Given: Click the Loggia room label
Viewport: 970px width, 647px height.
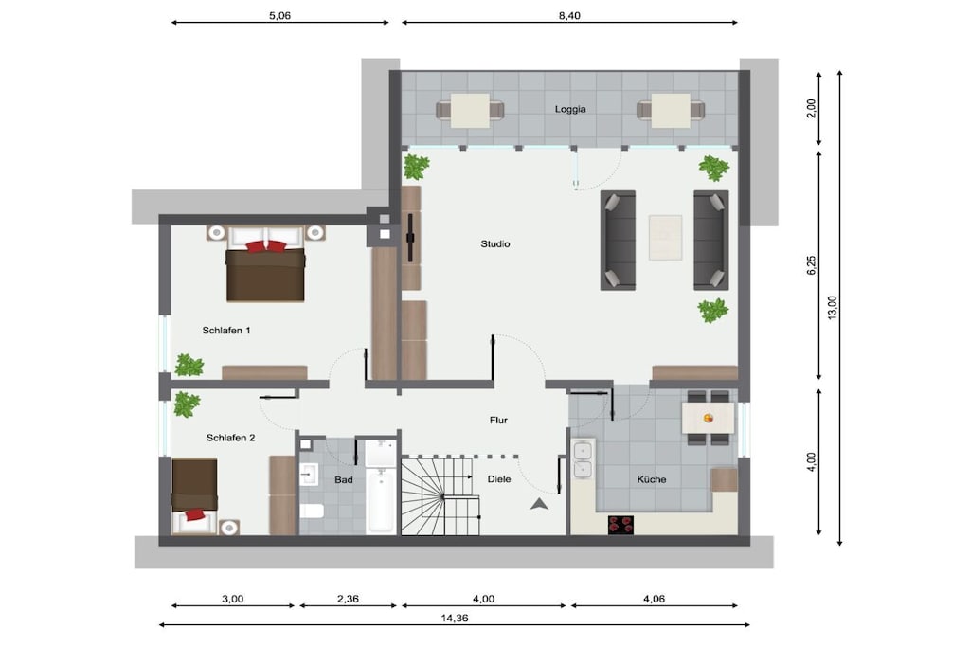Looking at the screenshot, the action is click(x=569, y=110).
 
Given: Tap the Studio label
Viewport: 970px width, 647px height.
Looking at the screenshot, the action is click(x=494, y=243).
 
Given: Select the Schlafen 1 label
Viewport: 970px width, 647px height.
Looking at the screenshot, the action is click(x=226, y=331).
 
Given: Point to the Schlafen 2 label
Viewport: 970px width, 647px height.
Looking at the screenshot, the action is click(x=231, y=438).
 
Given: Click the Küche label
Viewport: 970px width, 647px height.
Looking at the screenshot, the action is click(x=652, y=479).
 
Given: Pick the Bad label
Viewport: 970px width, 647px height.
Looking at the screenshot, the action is click(x=343, y=480).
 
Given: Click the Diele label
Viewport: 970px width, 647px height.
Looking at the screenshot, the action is click(x=498, y=478).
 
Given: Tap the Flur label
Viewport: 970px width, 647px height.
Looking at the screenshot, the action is click(x=498, y=420).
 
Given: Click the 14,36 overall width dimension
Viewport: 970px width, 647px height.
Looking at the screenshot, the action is click(x=455, y=618).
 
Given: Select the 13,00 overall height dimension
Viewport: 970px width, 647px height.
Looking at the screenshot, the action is click(x=832, y=308).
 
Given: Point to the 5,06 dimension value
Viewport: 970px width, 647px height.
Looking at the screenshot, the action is click(x=279, y=16).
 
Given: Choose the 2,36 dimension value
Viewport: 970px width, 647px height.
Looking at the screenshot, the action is click(x=348, y=599).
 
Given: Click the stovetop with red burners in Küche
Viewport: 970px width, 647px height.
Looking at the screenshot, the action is click(x=620, y=525).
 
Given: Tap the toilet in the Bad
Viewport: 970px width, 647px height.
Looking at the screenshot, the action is click(x=312, y=512).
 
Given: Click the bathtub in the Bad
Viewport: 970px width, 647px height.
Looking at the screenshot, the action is click(x=380, y=500).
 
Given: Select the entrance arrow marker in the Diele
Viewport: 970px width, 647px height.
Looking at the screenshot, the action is click(x=539, y=504).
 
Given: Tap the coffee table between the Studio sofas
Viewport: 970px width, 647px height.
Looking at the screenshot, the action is click(x=665, y=238).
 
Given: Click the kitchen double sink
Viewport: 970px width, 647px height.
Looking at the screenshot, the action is click(x=583, y=460).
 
